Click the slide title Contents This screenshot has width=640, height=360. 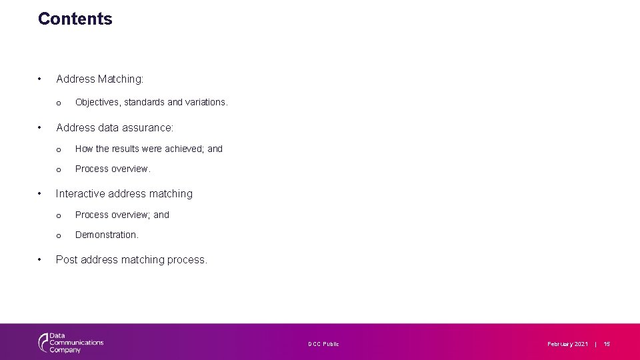[x=75, y=19]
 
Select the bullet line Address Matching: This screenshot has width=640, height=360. [x=100, y=79]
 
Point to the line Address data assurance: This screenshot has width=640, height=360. [x=115, y=127]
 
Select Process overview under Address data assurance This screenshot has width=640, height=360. [x=113, y=169]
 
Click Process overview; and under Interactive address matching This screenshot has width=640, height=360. [x=122, y=215]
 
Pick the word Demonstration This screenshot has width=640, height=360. [x=107, y=235]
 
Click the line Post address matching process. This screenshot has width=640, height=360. [x=131, y=260]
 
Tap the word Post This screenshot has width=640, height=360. [x=67, y=260]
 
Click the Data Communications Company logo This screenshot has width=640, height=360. [x=71, y=343]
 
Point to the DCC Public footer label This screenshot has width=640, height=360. [x=323, y=344]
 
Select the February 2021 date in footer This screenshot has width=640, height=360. [x=567, y=344]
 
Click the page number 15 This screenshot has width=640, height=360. [x=607, y=344]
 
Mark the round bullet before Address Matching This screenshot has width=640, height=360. [x=41, y=79]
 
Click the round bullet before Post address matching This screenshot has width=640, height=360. [x=41, y=260]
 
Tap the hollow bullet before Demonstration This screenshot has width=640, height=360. [x=59, y=235]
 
